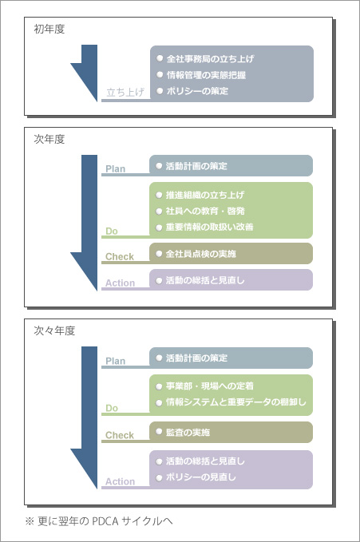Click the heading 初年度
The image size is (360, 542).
(x=49, y=29)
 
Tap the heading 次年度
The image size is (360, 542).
(x=49, y=140)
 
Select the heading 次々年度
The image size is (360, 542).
(x=54, y=330)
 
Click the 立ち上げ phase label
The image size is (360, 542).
(x=125, y=93)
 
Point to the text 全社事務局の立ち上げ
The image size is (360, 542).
(x=210, y=58)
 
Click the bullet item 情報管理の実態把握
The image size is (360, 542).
(x=206, y=75)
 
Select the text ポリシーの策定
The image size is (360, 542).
(x=197, y=91)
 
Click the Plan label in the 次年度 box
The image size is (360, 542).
(x=116, y=169)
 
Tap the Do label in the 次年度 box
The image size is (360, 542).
(x=112, y=231)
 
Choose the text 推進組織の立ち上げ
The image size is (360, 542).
(x=204, y=195)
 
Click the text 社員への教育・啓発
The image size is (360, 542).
(x=205, y=211)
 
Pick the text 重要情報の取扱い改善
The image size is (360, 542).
(x=209, y=227)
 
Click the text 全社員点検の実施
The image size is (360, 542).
(x=200, y=254)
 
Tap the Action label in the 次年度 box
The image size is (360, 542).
(x=120, y=283)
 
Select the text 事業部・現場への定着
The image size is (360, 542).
(x=210, y=386)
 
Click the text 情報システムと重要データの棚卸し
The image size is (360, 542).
(x=235, y=402)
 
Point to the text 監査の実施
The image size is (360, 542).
(x=188, y=432)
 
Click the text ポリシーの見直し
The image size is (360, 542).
(x=200, y=477)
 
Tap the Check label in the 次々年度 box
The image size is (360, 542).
(x=120, y=435)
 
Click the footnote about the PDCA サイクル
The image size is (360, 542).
(x=98, y=521)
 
